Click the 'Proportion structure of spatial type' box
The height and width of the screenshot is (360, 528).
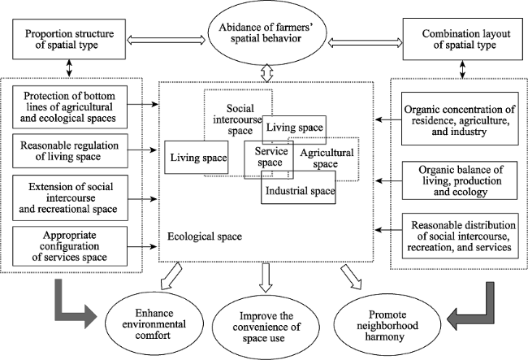(x=69, y=39)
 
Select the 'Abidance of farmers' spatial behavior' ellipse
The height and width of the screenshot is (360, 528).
(x=267, y=33)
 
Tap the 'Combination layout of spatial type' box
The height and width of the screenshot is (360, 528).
(x=463, y=39)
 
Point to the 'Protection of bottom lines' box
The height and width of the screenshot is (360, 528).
(x=70, y=107)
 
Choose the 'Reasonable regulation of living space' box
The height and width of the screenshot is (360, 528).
(x=70, y=151)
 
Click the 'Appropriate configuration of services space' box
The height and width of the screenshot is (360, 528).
(x=70, y=246)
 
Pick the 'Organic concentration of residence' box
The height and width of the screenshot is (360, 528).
(x=460, y=119)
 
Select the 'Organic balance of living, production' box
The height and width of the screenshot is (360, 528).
(x=460, y=180)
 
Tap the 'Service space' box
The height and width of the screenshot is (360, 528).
(x=269, y=159)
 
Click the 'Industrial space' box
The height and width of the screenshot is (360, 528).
(x=298, y=187)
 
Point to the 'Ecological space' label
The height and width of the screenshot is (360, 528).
(x=205, y=236)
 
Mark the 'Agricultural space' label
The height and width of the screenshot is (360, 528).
(x=327, y=158)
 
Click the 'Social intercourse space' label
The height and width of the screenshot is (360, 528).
(x=238, y=119)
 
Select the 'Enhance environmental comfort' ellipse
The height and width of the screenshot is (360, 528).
(x=154, y=323)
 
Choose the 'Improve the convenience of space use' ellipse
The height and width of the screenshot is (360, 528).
(x=266, y=327)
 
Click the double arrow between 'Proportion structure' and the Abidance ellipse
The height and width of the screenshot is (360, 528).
(x=167, y=41)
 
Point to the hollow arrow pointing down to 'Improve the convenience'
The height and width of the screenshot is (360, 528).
(x=266, y=278)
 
